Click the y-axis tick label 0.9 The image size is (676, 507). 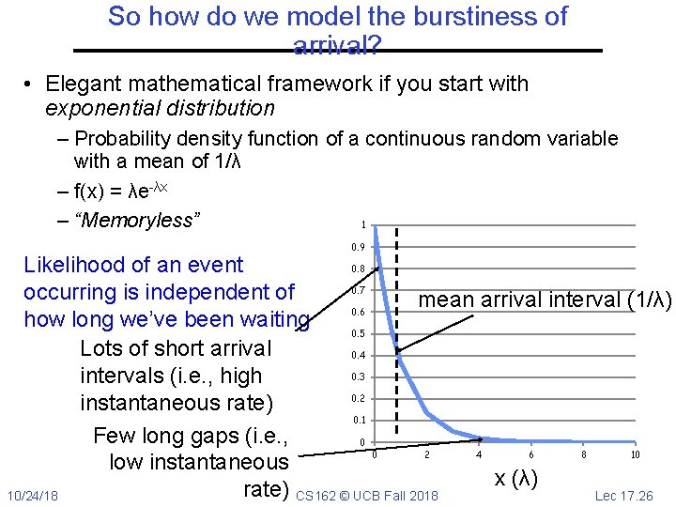tap(359, 248)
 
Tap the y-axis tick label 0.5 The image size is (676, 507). tap(359, 334)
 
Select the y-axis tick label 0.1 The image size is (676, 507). tap(359, 421)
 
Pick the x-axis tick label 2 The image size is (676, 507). tap(427, 455)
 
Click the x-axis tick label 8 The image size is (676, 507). tap(583, 455)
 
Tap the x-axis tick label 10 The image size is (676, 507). tap(635, 455)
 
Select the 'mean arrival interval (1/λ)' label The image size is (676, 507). tap(545, 300)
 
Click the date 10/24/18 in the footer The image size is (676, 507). tap(32, 495)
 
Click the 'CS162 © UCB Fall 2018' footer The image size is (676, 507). tap(367, 495)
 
